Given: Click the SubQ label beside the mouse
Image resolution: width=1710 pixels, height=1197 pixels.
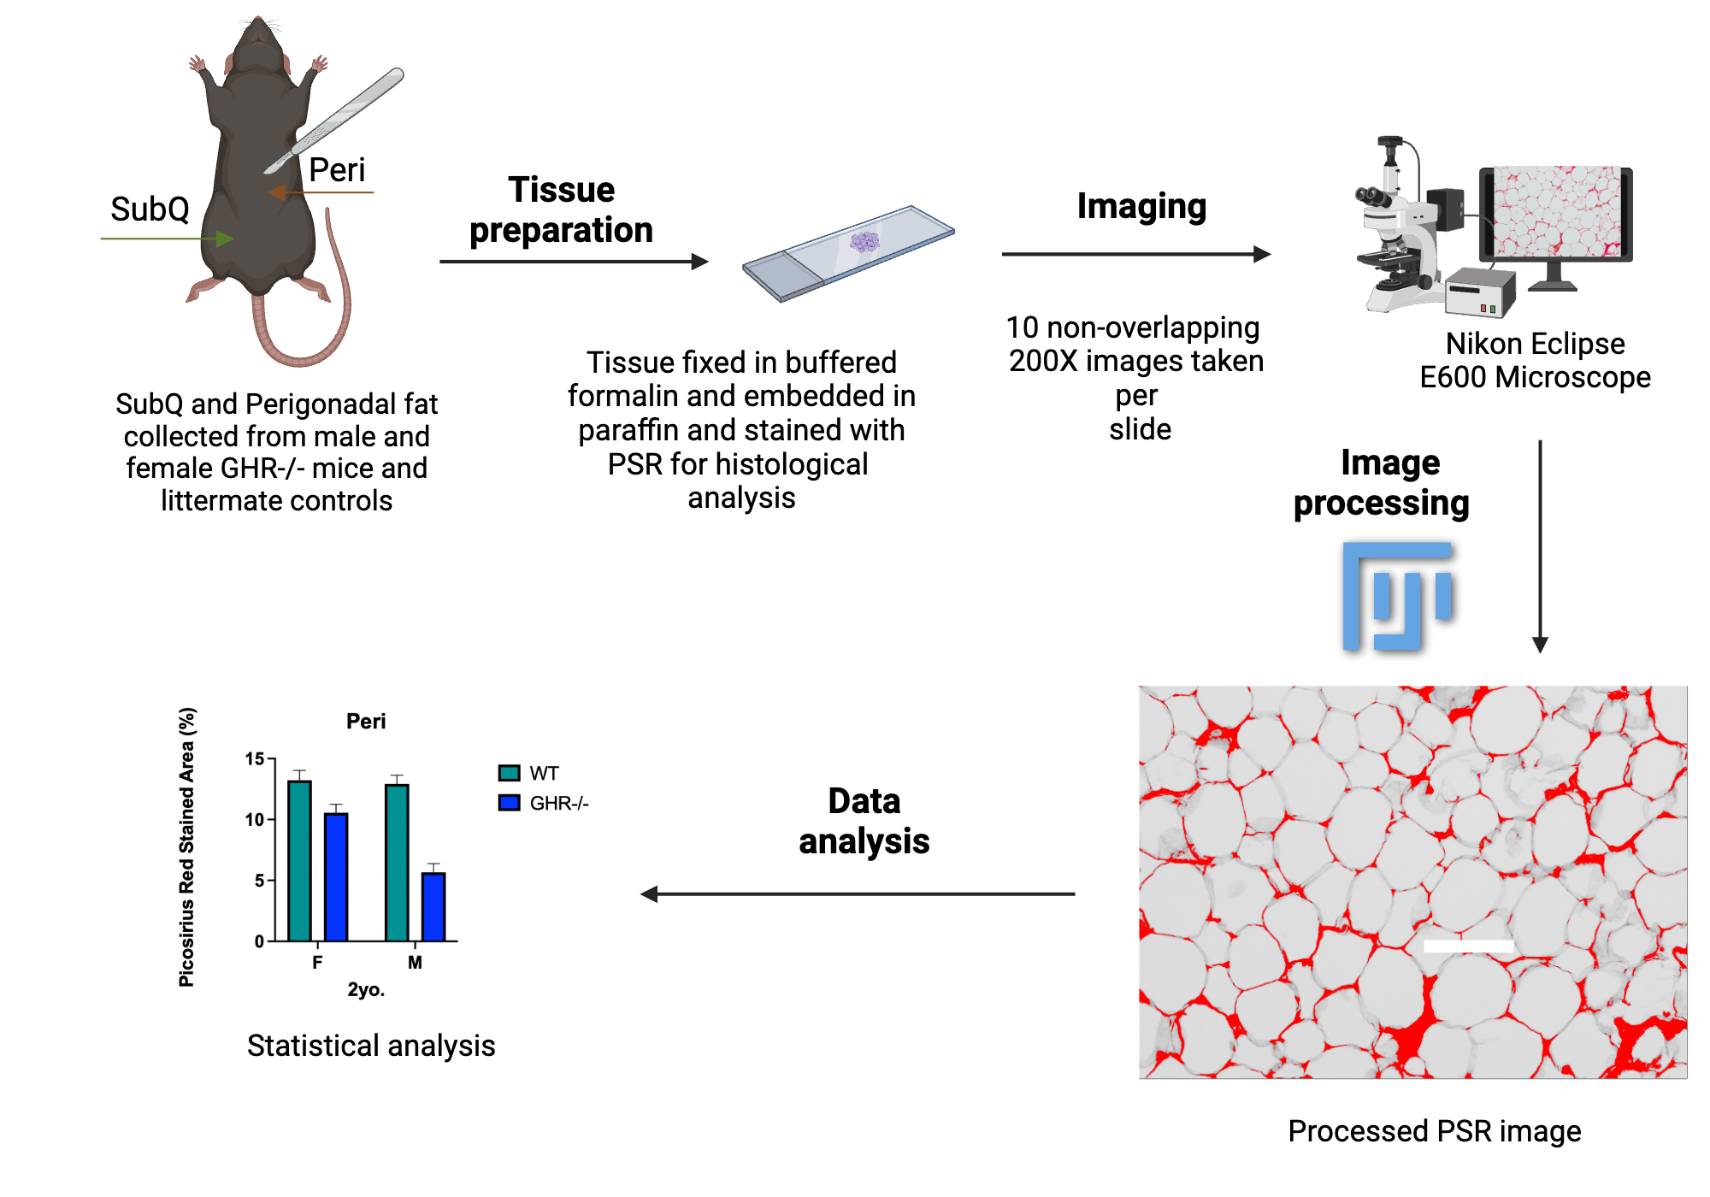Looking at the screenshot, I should (x=150, y=209).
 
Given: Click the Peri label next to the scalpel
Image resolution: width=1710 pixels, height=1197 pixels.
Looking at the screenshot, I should (x=337, y=170).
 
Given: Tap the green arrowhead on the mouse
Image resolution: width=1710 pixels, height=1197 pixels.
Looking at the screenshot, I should (x=225, y=239).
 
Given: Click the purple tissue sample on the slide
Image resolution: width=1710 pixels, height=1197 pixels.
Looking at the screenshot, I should (x=864, y=242).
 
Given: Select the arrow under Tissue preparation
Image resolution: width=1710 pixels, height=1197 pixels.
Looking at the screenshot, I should (x=573, y=262).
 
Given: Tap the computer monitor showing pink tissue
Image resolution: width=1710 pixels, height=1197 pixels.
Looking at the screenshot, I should (x=1555, y=214).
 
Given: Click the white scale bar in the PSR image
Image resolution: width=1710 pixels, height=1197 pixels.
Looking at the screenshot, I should (x=1468, y=946).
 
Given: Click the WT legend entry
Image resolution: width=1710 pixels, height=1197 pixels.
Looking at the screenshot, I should (x=529, y=774).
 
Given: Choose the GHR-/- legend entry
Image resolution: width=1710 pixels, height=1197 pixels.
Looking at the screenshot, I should (x=545, y=804).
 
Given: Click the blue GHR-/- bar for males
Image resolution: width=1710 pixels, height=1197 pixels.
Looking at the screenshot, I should (x=433, y=906).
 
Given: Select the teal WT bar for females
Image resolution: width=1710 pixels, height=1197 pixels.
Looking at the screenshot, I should (x=299, y=860).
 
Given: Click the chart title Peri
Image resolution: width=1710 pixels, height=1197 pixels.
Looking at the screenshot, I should (x=366, y=722).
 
